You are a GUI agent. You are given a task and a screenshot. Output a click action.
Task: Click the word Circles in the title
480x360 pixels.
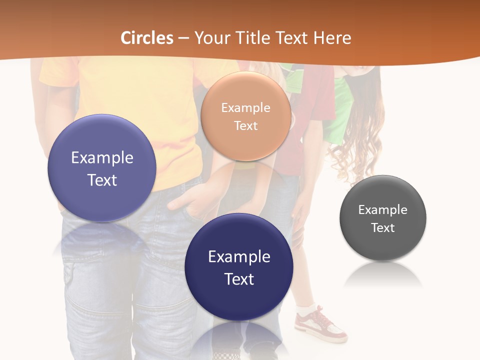147,38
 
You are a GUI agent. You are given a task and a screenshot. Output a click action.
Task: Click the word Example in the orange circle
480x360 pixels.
245,108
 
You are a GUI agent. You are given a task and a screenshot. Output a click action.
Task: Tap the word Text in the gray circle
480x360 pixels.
383,228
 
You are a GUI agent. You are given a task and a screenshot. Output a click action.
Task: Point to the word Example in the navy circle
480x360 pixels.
239,257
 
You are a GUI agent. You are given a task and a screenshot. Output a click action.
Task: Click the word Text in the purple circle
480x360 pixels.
102,180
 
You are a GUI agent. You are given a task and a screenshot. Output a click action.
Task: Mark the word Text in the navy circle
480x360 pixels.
239,279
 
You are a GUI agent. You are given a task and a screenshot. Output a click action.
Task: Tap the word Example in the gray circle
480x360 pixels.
383,210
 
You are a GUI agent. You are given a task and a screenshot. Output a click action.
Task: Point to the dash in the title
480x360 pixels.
183,38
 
